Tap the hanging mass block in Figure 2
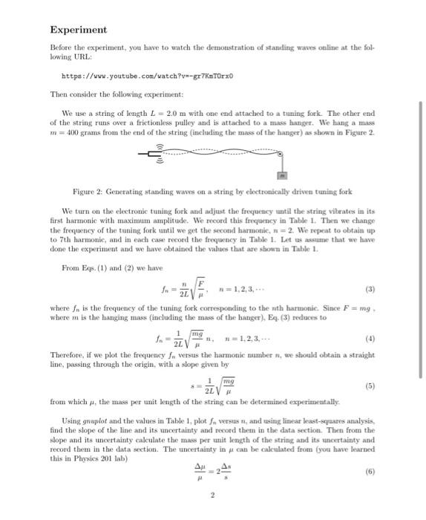click(x=281, y=175)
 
